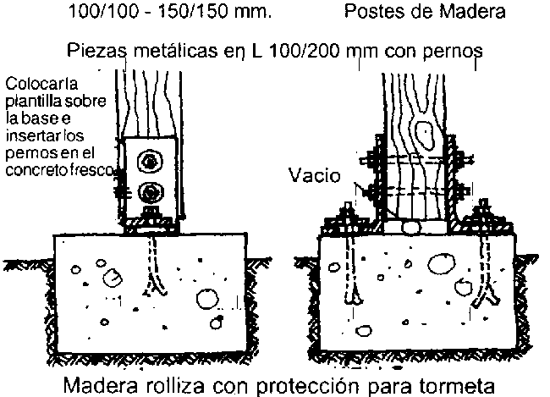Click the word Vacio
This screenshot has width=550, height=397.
tap(315, 176)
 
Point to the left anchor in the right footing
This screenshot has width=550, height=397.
tap(354, 271)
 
